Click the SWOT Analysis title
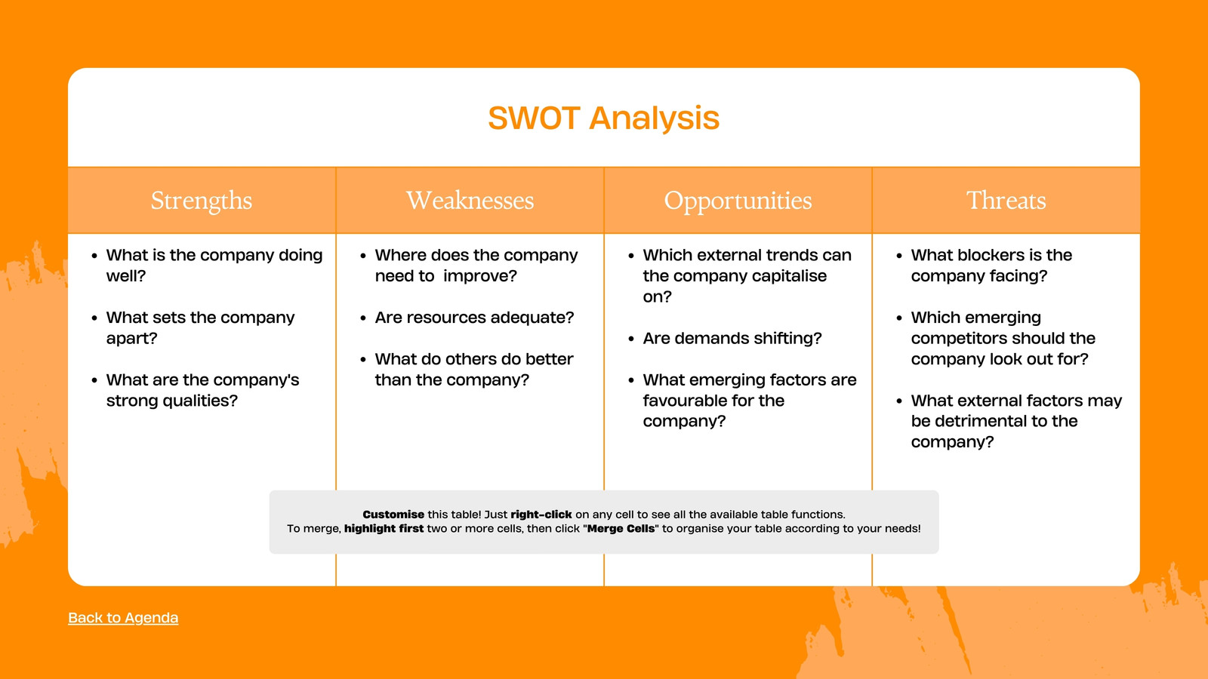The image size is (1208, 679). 603,118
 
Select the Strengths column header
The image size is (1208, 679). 201,201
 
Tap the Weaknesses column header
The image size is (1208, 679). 470,201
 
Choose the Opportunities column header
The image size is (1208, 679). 738,201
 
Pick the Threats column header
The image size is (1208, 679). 1006,201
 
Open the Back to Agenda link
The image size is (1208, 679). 123,618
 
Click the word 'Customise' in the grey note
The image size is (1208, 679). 393,515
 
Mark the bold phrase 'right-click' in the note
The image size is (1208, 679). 541,515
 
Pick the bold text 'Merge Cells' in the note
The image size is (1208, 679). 621,529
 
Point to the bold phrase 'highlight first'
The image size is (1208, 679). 384,529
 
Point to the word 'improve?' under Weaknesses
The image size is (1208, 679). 480,276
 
